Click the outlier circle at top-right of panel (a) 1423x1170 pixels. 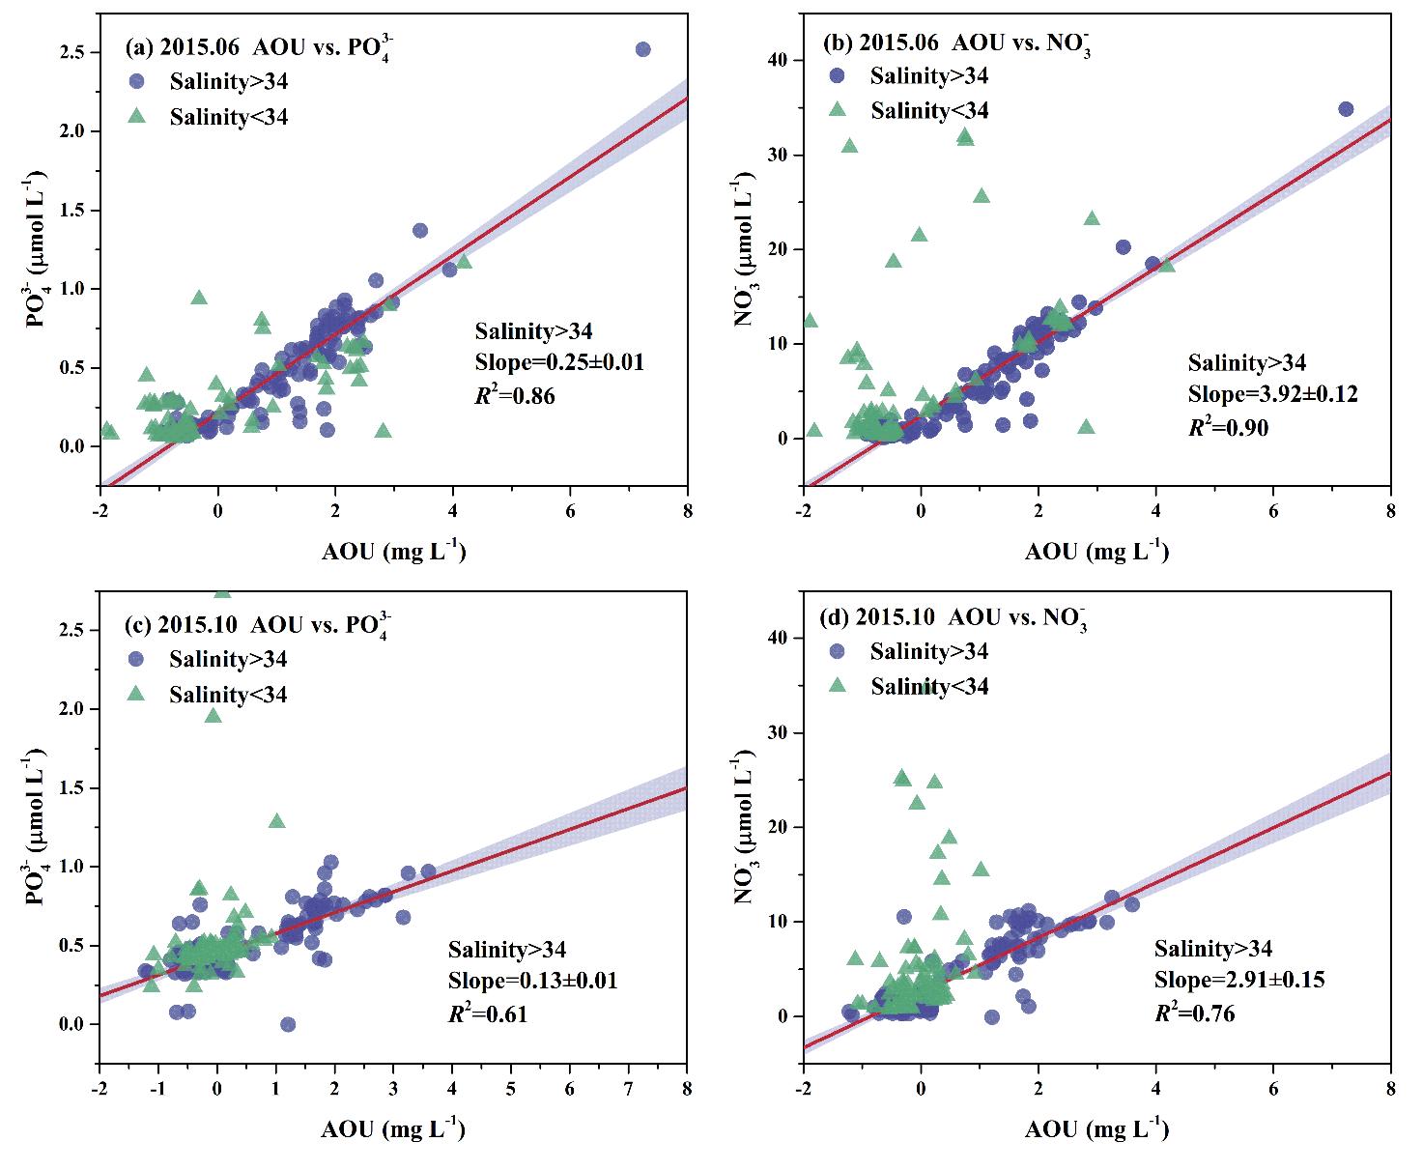(642, 49)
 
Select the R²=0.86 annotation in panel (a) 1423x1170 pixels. (515, 395)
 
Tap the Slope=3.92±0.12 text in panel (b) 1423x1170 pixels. (1272, 394)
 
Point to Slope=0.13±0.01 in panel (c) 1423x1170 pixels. (532, 981)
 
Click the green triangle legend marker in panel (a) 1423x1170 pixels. (136, 116)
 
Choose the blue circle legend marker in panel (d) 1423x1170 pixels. (838, 651)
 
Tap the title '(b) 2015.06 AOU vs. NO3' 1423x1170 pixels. (956, 44)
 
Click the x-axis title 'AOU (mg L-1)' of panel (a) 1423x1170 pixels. (393, 552)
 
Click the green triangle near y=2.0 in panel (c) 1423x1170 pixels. (213, 715)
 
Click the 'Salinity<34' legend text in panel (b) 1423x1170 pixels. (929, 110)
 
